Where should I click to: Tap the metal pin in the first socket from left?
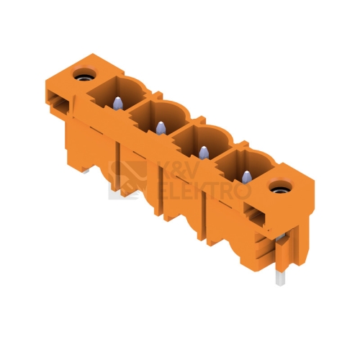pyautogui.click(x=118, y=104)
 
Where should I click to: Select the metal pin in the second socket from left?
pyautogui.click(x=161, y=128)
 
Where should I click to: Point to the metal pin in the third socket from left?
pyautogui.click(x=204, y=153)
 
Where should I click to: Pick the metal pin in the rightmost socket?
pyautogui.click(x=246, y=177)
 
